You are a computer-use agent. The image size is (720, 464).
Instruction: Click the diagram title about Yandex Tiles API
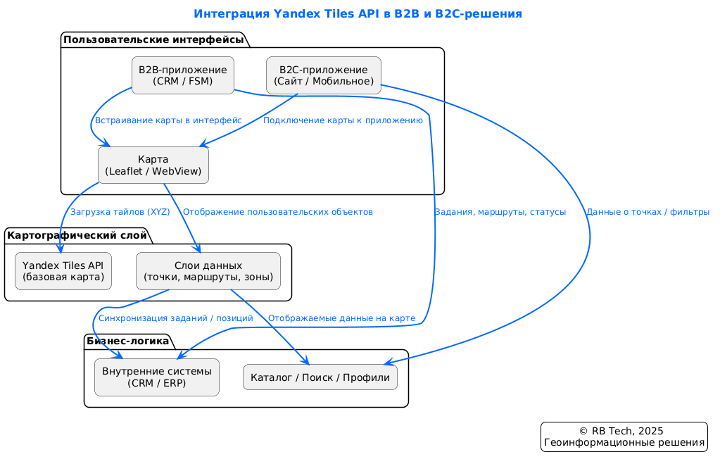pyautogui.click(x=358, y=14)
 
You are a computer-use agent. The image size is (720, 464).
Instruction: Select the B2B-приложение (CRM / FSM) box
pyautogui.click(x=183, y=75)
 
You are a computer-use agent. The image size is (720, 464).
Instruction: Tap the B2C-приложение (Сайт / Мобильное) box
pyautogui.click(x=324, y=75)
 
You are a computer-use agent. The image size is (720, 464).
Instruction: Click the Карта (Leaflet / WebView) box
pyautogui.click(x=153, y=165)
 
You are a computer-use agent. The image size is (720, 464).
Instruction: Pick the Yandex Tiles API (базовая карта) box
pyautogui.click(x=63, y=271)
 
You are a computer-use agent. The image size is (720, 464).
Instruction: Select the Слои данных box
pyautogui.click(x=208, y=271)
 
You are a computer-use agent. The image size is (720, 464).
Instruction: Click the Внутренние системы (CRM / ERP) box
pyautogui.click(x=157, y=377)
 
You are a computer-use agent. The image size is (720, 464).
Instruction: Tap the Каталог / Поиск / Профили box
pyautogui.click(x=320, y=378)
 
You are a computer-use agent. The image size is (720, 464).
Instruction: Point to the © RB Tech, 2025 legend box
pyautogui.click(x=624, y=437)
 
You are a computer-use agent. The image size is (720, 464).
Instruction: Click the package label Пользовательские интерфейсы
pyautogui.click(x=158, y=40)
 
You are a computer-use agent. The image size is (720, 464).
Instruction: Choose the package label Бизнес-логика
pyautogui.click(x=127, y=341)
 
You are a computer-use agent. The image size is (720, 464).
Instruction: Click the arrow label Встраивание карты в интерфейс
pyautogui.click(x=168, y=121)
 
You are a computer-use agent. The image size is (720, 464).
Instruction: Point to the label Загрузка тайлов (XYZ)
pyautogui.click(x=120, y=212)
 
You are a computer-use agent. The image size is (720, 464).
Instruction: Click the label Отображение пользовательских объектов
pyautogui.click(x=277, y=212)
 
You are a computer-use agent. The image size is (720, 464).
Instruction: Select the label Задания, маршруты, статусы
pyautogui.click(x=500, y=212)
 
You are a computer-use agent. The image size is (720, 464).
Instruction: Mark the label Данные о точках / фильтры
pyautogui.click(x=648, y=212)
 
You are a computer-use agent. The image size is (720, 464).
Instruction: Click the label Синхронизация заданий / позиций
pyautogui.click(x=176, y=318)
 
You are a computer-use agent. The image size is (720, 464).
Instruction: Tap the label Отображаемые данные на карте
pyautogui.click(x=341, y=318)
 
